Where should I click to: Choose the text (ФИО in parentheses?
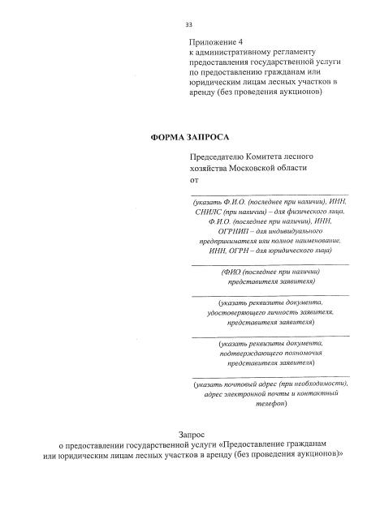point(234,272)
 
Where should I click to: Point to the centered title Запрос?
point(191,435)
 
